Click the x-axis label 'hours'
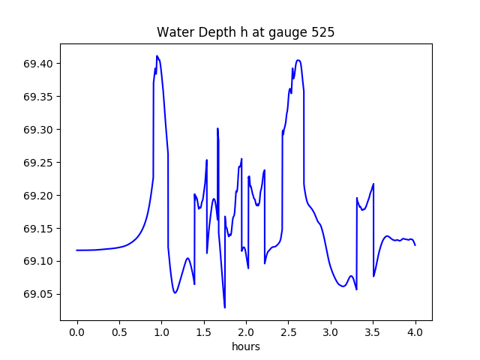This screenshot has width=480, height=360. pyautogui.click(x=246, y=347)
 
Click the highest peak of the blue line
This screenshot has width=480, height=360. pyautogui.click(x=157, y=56)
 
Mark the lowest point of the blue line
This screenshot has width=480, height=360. pyautogui.click(x=225, y=307)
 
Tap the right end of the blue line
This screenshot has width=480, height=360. pyautogui.click(x=415, y=245)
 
